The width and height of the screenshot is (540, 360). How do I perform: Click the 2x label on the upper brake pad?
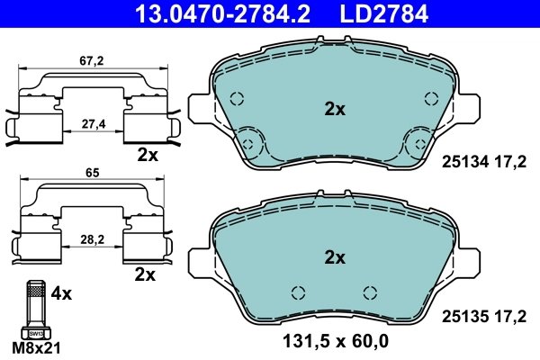click(x=335, y=110)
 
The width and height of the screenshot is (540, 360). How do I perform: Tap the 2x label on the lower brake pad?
click(x=335, y=258)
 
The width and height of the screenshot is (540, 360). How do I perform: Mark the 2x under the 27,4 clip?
click(x=147, y=155)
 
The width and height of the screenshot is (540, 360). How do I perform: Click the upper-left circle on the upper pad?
click(x=238, y=101)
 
